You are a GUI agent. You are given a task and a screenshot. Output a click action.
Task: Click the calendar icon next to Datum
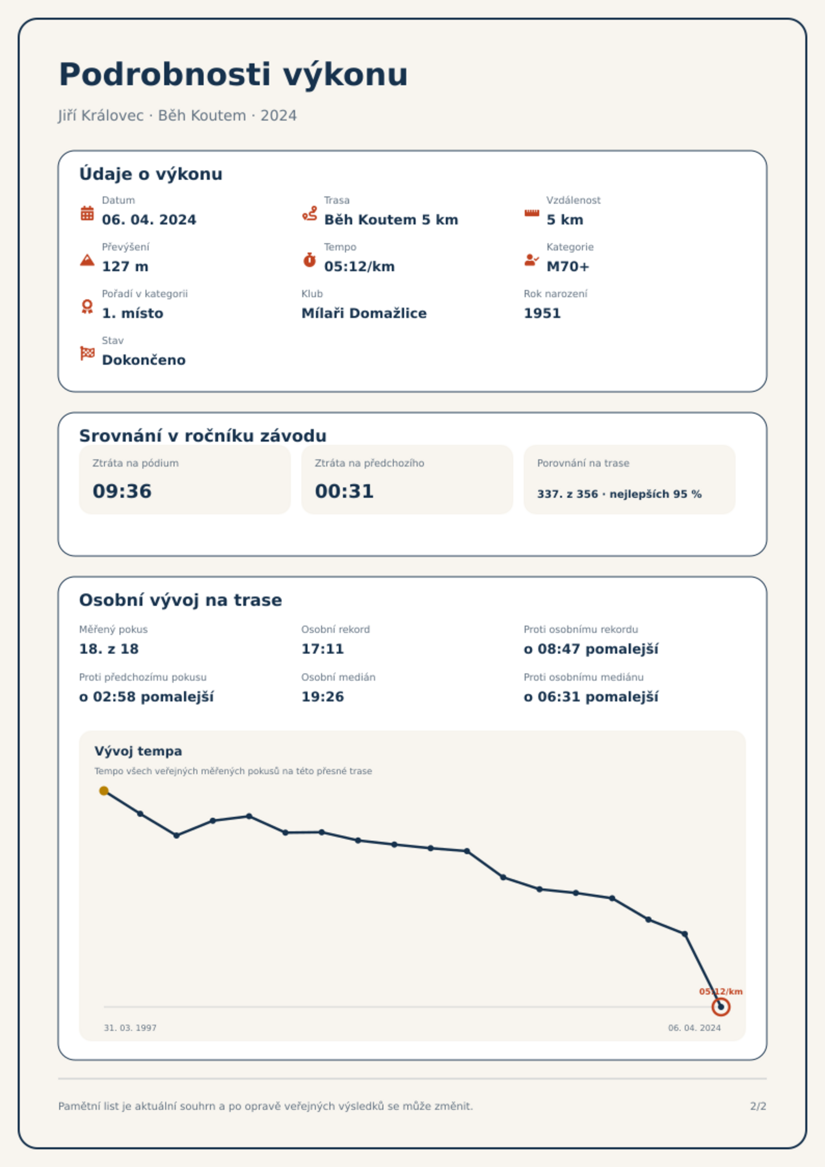pyautogui.click(x=87, y=213)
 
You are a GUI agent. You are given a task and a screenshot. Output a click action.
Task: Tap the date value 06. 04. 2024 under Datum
pyautogui.click(x=149, y=220)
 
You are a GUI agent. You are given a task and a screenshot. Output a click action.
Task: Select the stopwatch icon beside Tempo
pyautogui.click(x=310, y=260)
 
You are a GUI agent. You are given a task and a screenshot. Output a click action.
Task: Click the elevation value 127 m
pyautogui.click(x=125, y=267)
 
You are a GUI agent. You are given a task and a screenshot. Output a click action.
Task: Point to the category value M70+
pyautogui.click(x=568, y=267)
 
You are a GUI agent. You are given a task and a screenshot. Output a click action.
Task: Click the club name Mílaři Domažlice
pyautogui.click(x=364, y=313)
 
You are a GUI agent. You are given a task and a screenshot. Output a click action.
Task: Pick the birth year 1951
pyautogui.click(x=542, y=313)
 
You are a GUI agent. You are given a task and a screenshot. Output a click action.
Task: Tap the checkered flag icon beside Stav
pyautogui.click(x=87, y=353)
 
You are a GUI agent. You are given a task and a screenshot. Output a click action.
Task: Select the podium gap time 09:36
pyautogui.click(x=122, y=491)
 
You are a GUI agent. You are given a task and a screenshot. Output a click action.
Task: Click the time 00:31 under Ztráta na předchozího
pyautogui.click(x=344, y=491)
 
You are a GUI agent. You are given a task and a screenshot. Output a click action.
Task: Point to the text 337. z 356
pyautogui.click(x=567, y=494)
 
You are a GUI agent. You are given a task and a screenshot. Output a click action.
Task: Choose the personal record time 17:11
pyautogui.click(x=323, y=649)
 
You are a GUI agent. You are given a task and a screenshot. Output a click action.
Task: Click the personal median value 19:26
pyautogui.click(x=323, y=697)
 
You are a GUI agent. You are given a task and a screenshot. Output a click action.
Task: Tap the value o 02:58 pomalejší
pyautogui.click(x=147, y=697)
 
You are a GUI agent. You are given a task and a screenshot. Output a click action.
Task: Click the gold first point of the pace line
pyautogui.click(x=104, y=791)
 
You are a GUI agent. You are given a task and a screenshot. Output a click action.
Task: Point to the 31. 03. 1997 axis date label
pyautogui.click(x=130, y=1028)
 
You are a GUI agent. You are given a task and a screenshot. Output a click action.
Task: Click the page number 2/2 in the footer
pyautogui.click(x=758, y=1106)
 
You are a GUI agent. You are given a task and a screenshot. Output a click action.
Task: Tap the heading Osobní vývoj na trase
pyautogui.click(x=180, y=600)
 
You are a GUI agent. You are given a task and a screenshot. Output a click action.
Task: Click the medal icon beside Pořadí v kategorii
pyautogui.click(x=87, y=307)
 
